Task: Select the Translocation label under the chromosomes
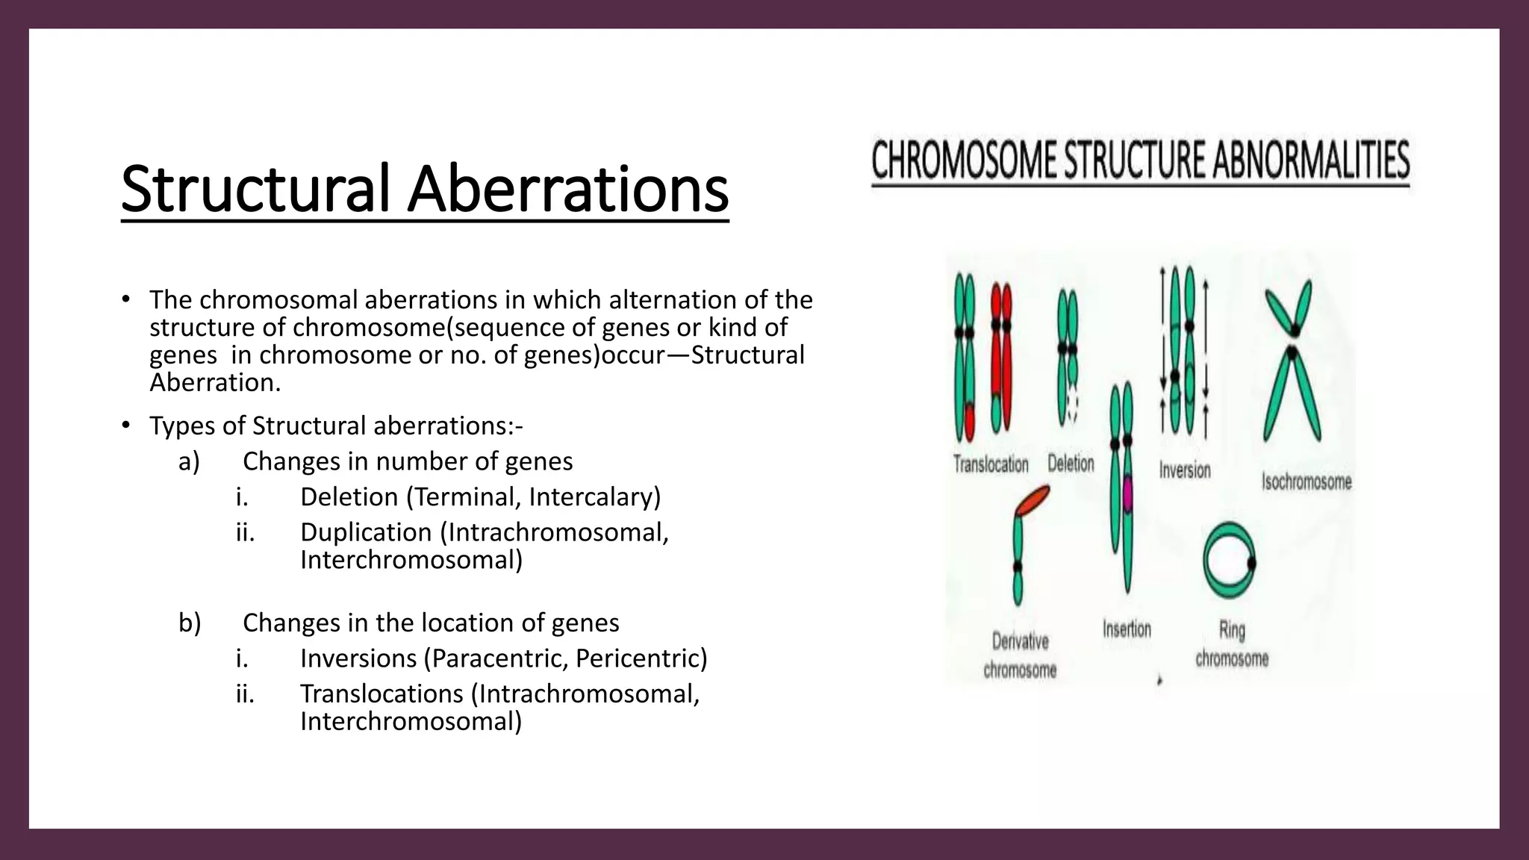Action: pos(991,464)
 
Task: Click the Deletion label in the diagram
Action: pos(1071,464)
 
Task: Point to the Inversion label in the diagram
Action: pos(1185,470)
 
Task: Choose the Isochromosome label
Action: pos(1307,482)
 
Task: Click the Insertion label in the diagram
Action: pos(1127,629)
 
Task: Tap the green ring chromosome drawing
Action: pos(1229,561)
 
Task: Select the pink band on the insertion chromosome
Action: pos(1127,493)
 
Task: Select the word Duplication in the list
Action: pos(366,532)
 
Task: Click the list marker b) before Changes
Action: pos(190,623)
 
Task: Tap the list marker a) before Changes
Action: pos(189,462)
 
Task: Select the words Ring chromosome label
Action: pos(1232,644)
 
